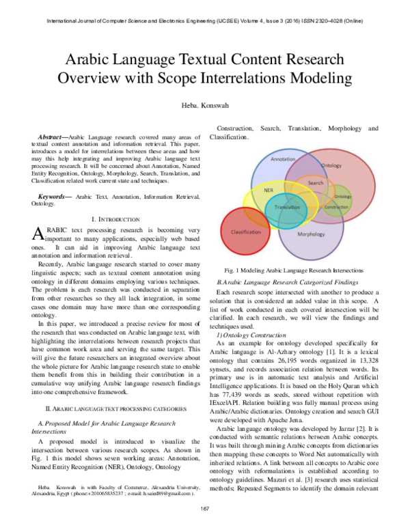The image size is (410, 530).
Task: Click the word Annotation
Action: click(283, 159)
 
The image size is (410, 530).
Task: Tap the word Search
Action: click(316, 183)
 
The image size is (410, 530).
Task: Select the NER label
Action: click(269, 191)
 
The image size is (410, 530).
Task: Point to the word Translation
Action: click(287, 207)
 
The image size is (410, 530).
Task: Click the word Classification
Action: click(246, 232)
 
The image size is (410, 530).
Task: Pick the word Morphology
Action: click(311, 234)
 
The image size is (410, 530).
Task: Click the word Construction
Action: click(336, 207)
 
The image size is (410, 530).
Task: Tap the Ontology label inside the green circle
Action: click(343, 197)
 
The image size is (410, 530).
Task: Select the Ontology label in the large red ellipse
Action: click(331, 165)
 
